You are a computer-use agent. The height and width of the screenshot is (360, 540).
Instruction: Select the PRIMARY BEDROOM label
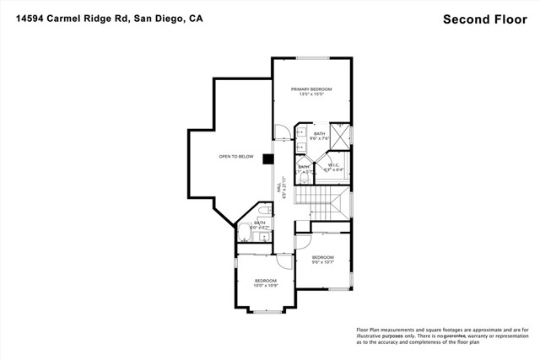311,89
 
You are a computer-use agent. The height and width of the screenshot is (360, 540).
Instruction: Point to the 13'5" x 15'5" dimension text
311,94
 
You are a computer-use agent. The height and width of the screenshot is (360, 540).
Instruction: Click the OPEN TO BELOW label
236,157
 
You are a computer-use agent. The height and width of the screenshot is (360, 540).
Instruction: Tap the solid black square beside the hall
267,158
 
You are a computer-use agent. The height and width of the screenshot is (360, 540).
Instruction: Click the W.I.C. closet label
335,166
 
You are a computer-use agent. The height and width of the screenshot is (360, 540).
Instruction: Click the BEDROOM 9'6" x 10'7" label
323,259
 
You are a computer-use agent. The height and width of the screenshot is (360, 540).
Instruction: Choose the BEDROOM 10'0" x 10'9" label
266,282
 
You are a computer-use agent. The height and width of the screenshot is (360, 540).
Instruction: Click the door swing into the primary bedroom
281,132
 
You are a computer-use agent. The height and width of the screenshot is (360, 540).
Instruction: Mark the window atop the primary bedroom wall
311,58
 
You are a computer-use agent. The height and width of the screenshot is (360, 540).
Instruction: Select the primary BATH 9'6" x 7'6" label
319,136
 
